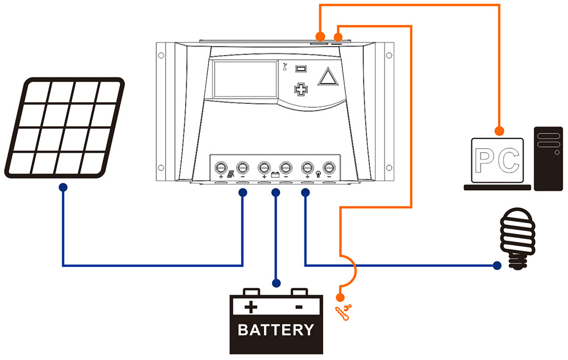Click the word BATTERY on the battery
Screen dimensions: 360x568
(x=276, y=330)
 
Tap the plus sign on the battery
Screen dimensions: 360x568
(x=250, y=308)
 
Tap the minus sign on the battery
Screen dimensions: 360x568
(x=299, y=307)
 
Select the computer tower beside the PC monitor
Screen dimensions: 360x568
(x=548, y=158)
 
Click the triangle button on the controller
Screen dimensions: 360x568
(x=327, y=77)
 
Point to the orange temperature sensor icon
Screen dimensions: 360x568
(x=344, y=311)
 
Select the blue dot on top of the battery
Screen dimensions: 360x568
(x=276, y=282)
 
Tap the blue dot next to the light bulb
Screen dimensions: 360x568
(x=497, y=265)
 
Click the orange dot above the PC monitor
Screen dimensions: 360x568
(x=499, y=131)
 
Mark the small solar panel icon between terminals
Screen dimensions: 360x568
(x=231, y=175)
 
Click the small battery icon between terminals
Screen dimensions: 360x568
(x=275, y=175)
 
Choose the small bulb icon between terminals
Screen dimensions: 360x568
(x=319, y=175)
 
